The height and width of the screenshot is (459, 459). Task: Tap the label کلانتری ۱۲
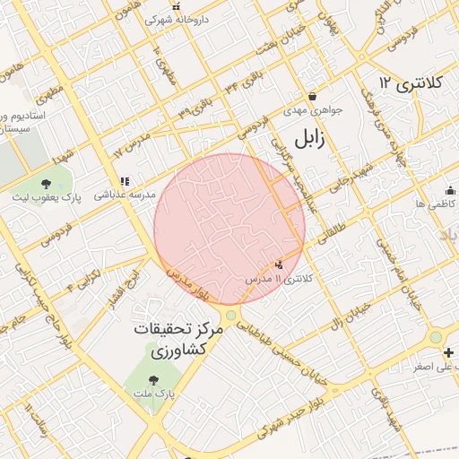[411, 83]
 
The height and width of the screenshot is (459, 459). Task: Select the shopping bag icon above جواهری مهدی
[311, 97]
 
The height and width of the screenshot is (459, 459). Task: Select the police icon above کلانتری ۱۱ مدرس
[281, 265]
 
